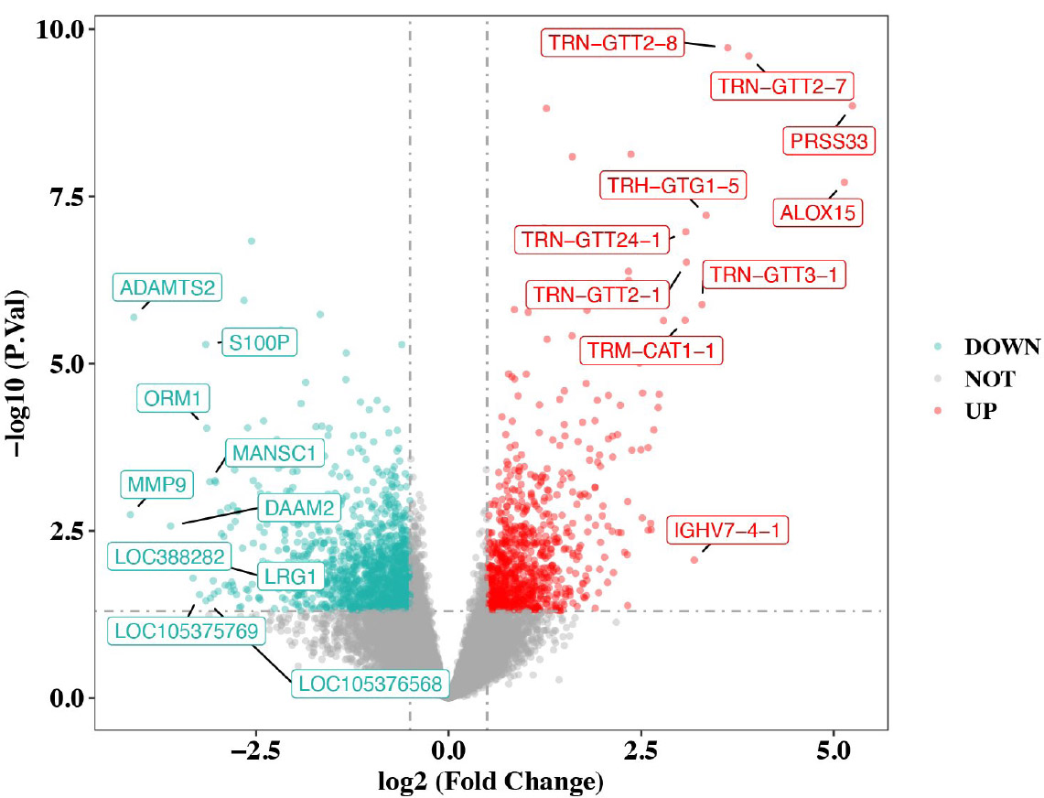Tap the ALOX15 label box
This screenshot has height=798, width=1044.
tap(817, 213)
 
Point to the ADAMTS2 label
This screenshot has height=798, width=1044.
tap(167, 287)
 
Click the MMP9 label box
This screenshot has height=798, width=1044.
tap(157, 484)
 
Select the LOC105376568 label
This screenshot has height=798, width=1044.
tap(371, 683)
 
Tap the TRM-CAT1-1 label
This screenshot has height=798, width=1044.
tap(651, 350)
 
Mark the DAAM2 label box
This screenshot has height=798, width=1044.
tap(298, 507)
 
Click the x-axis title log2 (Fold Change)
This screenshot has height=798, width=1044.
tap(490, 782)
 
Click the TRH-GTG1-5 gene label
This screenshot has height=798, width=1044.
tap(673, 186)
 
